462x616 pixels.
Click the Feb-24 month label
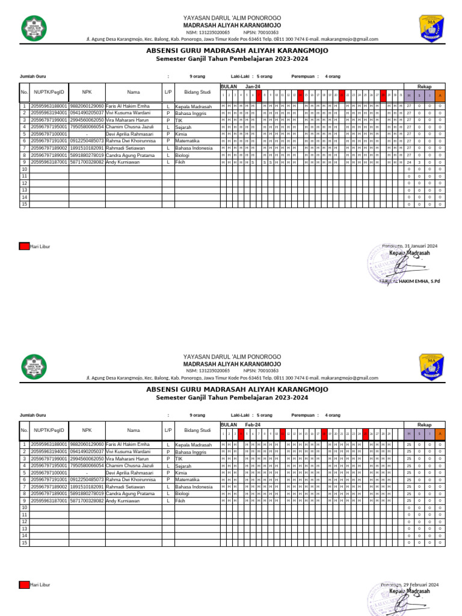pos(252,425)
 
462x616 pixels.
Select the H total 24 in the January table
pos(409,162)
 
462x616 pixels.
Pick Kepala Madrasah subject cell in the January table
pos(193,106)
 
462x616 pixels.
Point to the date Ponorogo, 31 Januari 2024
pos(410,247)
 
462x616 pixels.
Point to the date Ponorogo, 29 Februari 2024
pos(410,585)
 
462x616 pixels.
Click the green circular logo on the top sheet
pos(33,27)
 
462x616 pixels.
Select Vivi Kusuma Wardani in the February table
pos(128,451)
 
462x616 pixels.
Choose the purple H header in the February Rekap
pos(409,433)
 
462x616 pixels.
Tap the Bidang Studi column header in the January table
pos(197,93)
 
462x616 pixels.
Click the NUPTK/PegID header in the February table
pos(49,430)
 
